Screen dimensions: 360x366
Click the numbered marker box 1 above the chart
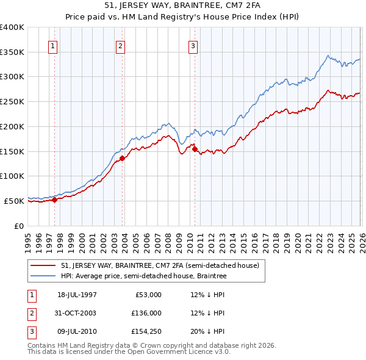(x=53, y=46)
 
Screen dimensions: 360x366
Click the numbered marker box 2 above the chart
(x=121, y=46)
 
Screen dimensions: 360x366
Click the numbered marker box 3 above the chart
(x=193, y=46)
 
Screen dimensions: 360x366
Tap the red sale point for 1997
(x=55, y=199)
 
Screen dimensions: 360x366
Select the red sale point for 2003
(x=123, y=158)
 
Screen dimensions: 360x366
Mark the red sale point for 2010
(x=195, y=148)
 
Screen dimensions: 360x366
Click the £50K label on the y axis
(x=14, y=200)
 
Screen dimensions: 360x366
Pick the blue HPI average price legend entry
(x=143, y=276)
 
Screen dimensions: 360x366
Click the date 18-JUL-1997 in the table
(x=77, y=295)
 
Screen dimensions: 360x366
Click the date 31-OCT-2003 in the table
(x=77, y=313)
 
